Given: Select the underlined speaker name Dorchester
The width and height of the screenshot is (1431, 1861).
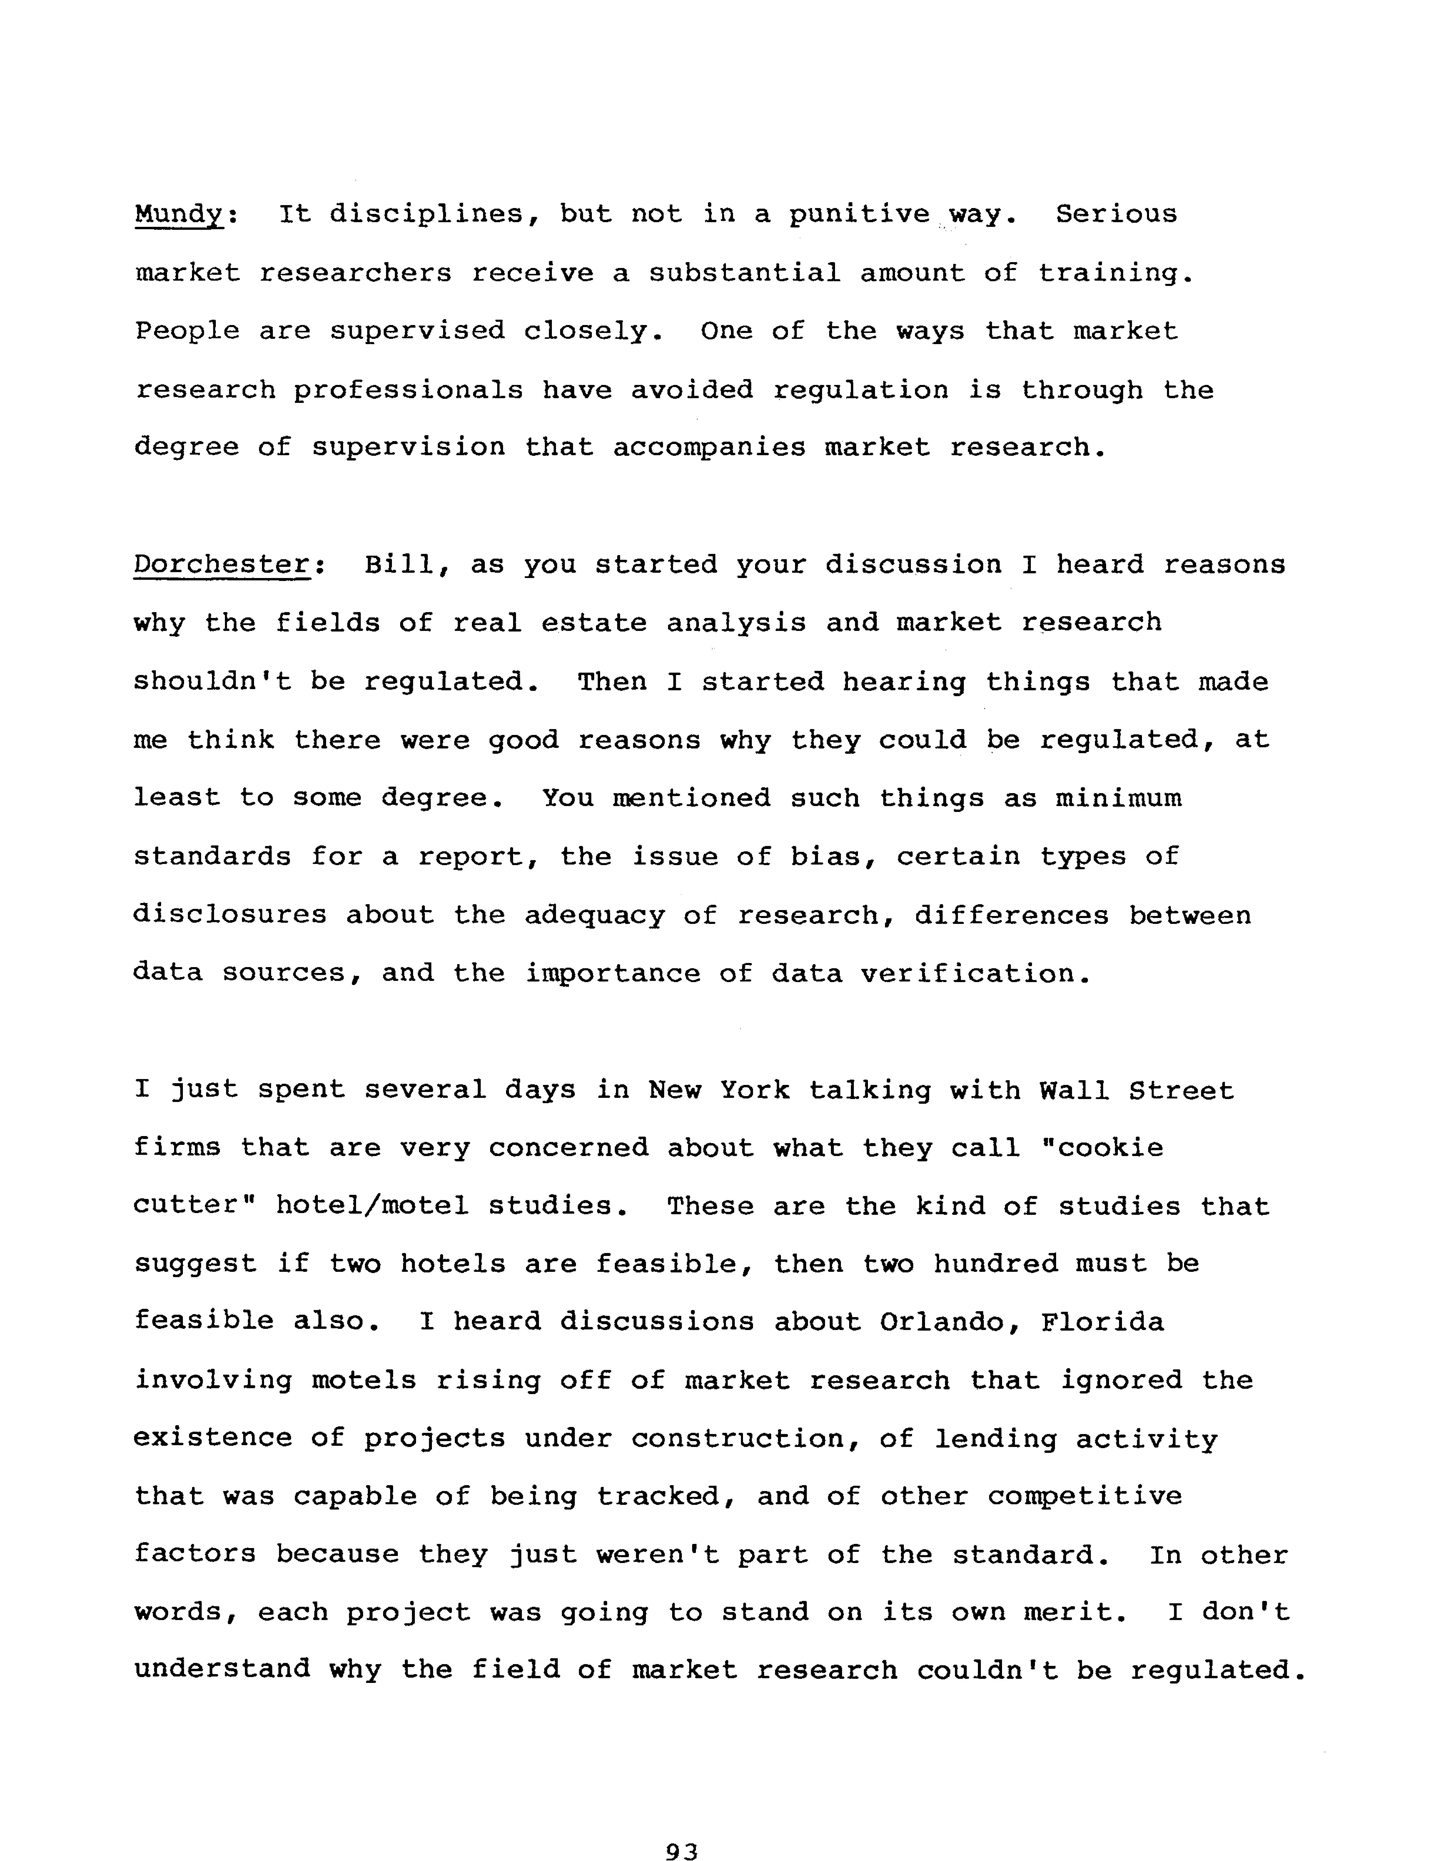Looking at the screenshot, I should click(x=221, y=565).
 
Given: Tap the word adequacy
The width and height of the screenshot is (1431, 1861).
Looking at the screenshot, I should click(x=594, y=916).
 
